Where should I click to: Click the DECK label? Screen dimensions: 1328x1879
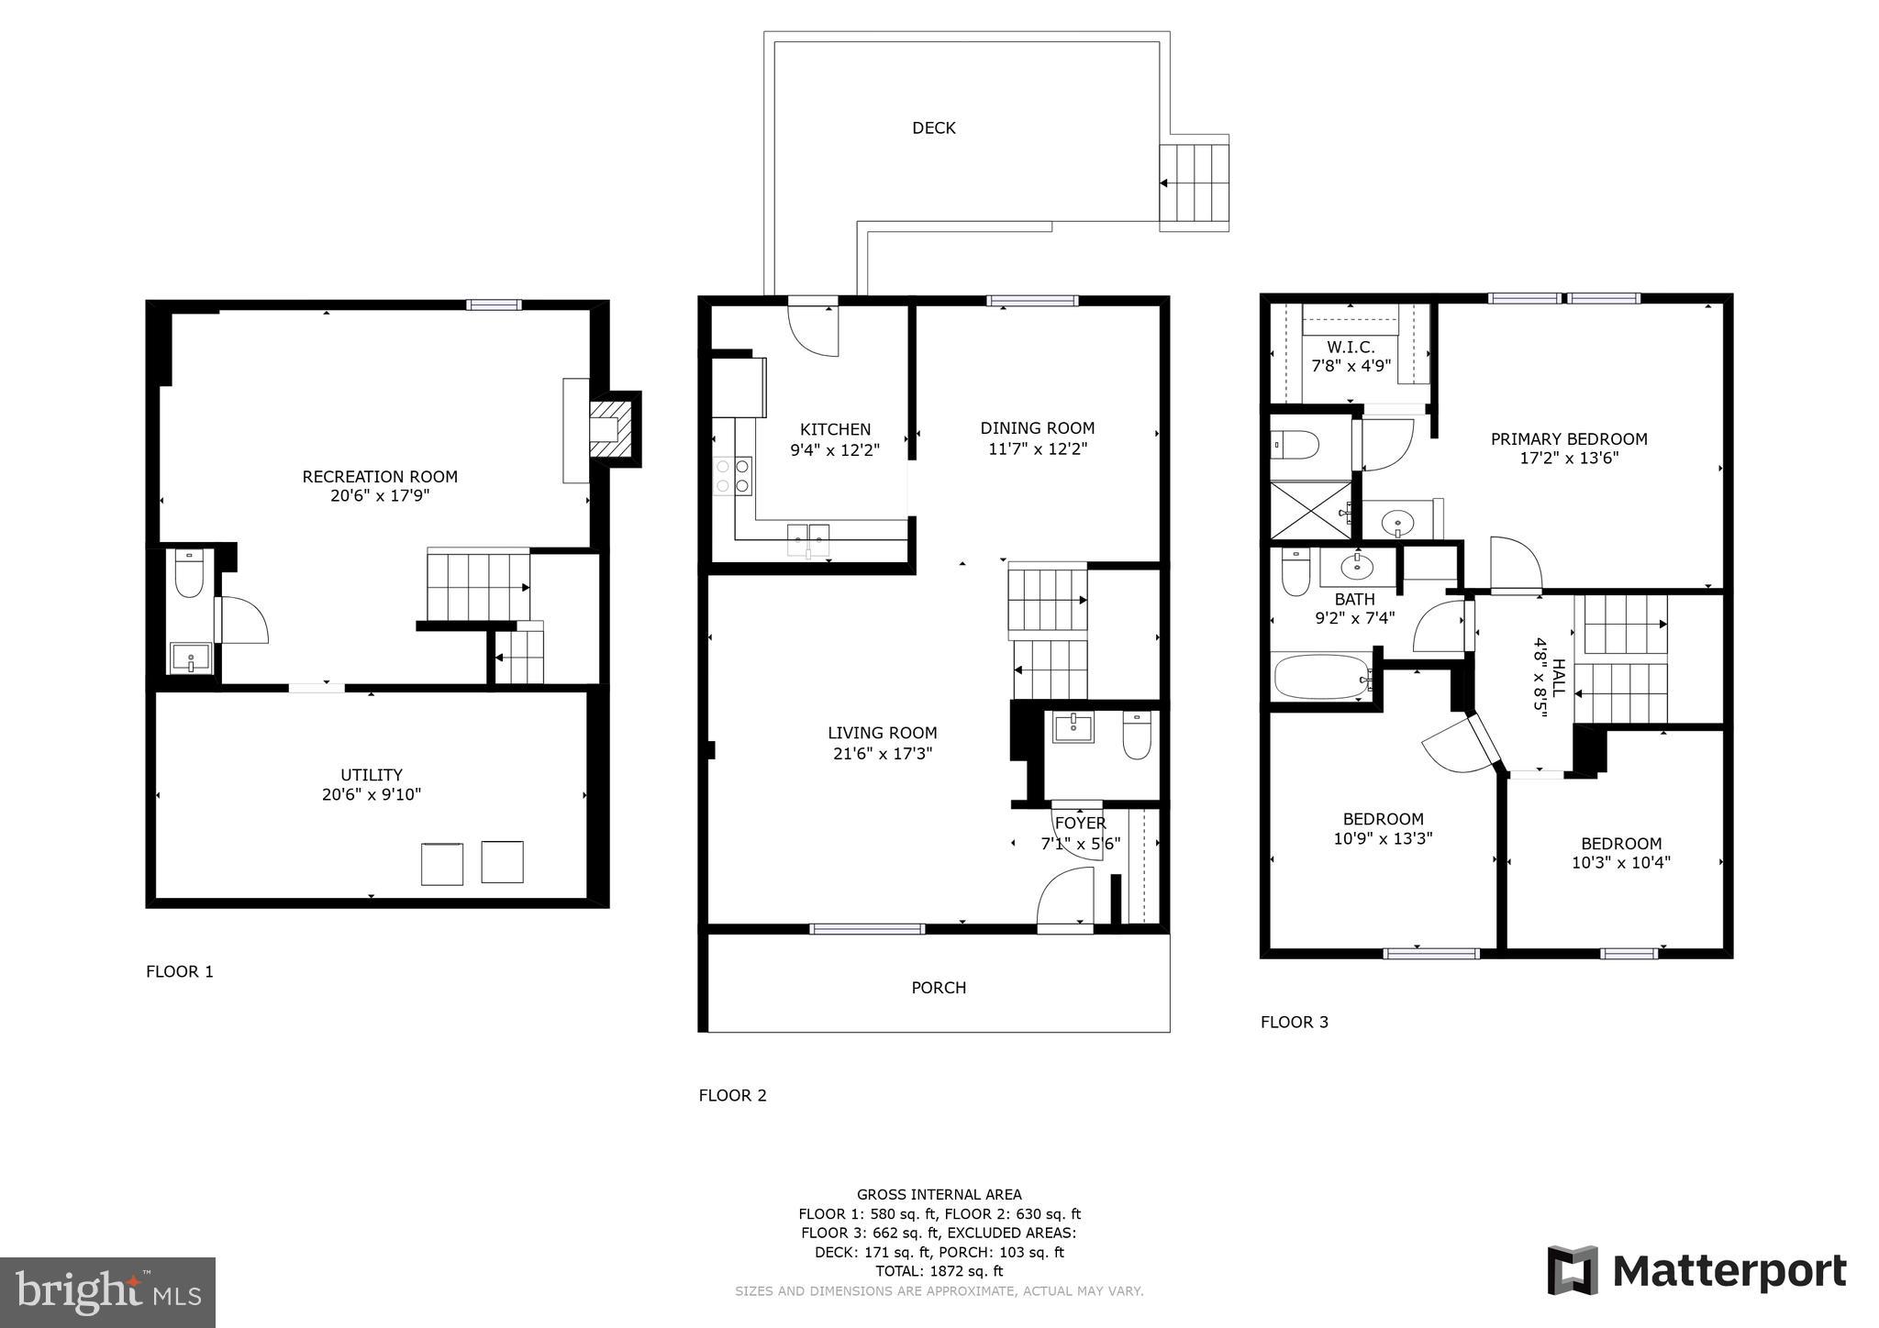[933, 128]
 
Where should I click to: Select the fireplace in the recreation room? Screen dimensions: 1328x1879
[613, 429]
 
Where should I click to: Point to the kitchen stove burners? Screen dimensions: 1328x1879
[732, 476]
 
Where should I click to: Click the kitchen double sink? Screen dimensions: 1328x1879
[807, 538]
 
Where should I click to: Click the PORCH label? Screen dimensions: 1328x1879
[938, 988]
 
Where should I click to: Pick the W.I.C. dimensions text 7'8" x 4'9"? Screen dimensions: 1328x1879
[1351, 365]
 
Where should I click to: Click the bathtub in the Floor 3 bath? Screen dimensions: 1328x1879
[1322, 677]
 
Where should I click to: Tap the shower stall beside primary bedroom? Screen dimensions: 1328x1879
[1310, 510]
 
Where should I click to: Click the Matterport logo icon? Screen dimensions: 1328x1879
[1573, 1270]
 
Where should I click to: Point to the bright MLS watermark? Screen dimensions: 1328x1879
[108, 1292]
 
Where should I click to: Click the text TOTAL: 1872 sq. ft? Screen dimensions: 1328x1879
[939, 1271]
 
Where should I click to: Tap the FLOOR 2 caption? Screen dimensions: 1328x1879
[732, 1095]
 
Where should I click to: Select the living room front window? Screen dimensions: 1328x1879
[867, 929]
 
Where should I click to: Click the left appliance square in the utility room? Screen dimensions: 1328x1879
[441, 864]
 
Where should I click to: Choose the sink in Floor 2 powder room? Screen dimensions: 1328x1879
[1073, 728]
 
